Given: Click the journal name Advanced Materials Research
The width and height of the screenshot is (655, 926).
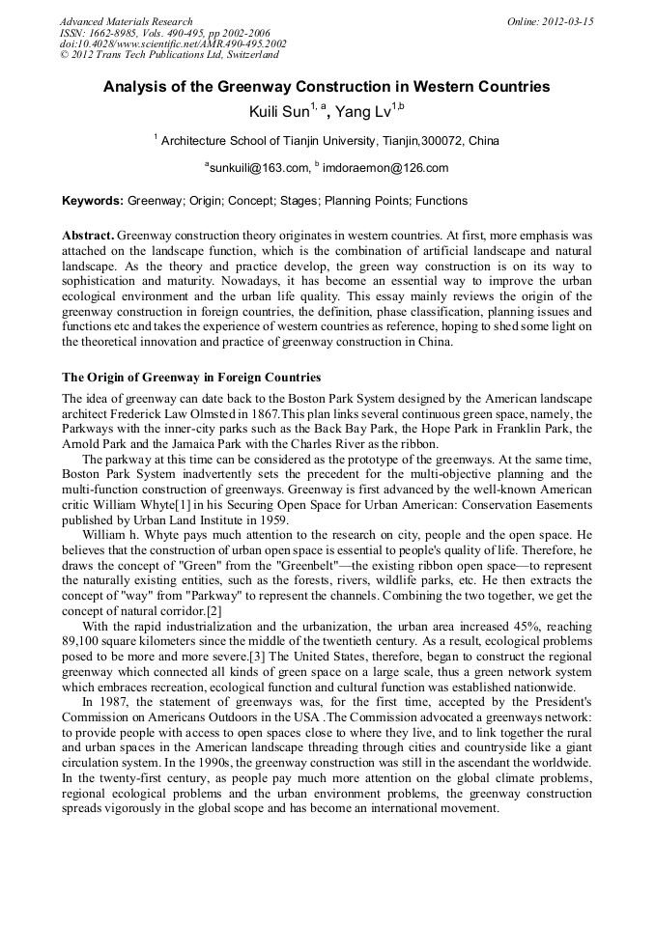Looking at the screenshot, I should [x=126, y=21].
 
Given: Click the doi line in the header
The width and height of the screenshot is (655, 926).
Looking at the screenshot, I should [x=173, y=43].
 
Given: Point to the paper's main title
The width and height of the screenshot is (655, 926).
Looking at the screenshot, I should [x=327, y=87].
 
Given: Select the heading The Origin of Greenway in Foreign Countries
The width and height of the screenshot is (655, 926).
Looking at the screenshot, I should [x=191, y=377].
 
